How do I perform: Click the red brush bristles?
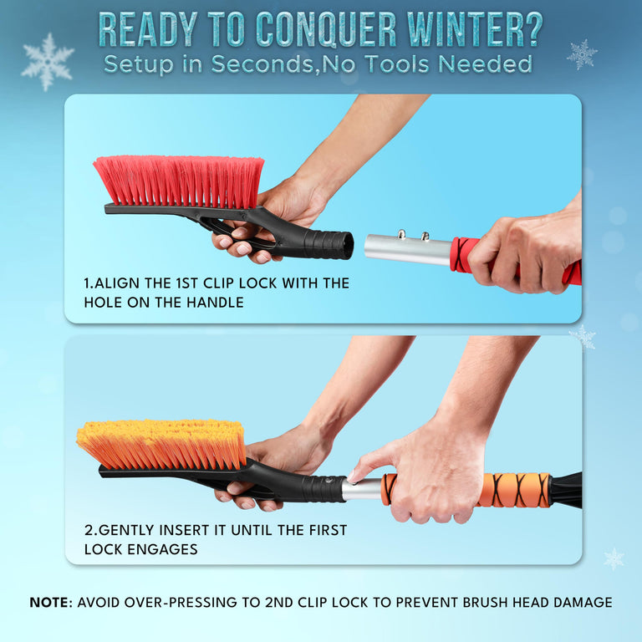point(179,179)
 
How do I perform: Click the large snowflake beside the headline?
point(47,61)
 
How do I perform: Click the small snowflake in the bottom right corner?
point(614,558)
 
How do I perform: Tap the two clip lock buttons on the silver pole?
point(414,236)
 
